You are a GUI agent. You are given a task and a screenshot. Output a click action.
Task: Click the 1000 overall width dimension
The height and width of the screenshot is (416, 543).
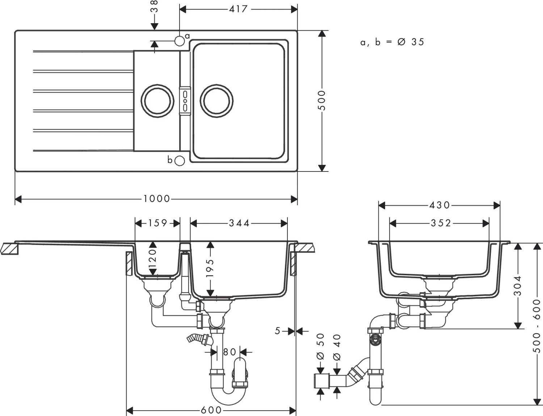click(156, 199)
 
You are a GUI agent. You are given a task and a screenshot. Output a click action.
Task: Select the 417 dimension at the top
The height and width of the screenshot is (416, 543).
click(238, 9)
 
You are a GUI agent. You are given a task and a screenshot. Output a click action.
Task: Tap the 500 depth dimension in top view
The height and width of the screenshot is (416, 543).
click(321, 101)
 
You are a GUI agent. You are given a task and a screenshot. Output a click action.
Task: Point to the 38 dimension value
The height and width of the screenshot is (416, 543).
click(154, 7)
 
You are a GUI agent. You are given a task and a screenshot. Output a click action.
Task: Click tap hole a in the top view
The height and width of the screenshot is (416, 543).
click(180, 41)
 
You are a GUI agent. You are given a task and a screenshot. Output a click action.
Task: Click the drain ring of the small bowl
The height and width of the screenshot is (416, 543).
click(157, 101)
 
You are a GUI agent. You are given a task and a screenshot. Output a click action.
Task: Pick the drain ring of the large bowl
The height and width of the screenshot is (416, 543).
click(216, 101)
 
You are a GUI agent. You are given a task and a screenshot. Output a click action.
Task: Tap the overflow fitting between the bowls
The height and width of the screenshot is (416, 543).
click(185, 101)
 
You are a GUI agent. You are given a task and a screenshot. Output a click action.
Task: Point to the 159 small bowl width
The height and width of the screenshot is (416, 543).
click(157, 223)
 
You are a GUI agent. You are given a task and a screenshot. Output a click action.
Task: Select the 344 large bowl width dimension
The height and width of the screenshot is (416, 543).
click(239, 223)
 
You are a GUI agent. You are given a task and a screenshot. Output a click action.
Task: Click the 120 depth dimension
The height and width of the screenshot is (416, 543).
click(153, 258)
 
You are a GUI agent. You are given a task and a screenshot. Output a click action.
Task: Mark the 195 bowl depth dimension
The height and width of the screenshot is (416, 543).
click(210, 268)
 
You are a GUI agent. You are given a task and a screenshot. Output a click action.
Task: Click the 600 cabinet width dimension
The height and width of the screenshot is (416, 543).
click(211, 410)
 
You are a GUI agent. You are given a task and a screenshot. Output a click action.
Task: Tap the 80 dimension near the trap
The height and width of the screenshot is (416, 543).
click(229, 352)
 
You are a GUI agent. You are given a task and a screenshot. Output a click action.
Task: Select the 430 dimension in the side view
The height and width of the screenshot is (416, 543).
click(439, 205)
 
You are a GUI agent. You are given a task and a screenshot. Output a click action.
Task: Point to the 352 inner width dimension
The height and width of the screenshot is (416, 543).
click(441, 223)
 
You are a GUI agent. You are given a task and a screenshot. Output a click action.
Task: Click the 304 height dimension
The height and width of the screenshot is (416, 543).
click(518, 286)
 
